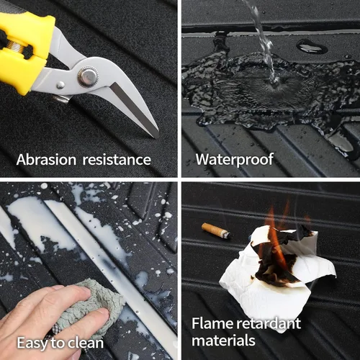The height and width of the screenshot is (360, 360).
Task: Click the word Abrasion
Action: coord(46,160)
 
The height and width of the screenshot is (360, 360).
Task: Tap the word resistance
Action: coord(117,160)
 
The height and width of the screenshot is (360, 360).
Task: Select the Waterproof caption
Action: coord(235,159)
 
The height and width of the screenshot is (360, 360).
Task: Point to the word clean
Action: coord(86,343)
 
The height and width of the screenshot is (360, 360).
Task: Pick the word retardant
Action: coord(269,323)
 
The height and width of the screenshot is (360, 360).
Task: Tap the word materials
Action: coord(223,341)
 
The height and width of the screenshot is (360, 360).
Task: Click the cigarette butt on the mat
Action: coord(216,230)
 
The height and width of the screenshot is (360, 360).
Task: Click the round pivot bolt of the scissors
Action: coord(89,77)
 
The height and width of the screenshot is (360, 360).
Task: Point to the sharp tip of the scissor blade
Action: coord(157,138)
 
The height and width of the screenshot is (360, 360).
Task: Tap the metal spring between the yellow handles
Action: coord(18,48)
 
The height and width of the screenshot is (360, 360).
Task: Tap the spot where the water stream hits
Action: coord(275,84)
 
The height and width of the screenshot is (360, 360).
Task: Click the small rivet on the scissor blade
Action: coord(60,85)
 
